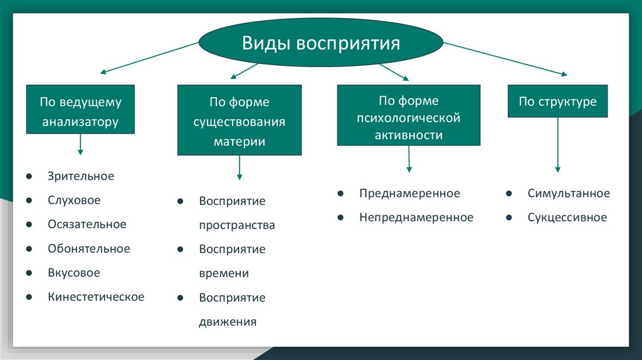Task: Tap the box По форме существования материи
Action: click(x=239, y=120)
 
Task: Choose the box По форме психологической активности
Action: click(x=409, y=116)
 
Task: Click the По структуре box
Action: click(x=557, y=101)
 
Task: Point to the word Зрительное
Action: click(x=81, y=176)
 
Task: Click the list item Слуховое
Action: click(x=74, y=201)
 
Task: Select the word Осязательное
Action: click(x=87, y=225)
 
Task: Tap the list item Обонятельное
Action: click(x=88, y=248)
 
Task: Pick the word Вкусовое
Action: click(x=74, y=273)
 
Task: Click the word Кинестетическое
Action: click(x=96, y=297)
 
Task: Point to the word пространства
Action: click(x=237, y=225)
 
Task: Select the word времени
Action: click(x=224, y=273)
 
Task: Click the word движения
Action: click(x=228, y=322)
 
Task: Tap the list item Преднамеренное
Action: click(x=409, y=193)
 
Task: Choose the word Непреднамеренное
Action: click(x=416, y=218)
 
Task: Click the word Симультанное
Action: click(x=568, y=193)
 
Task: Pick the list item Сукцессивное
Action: click(x=567, y=218)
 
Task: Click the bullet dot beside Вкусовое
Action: click(x=29, y=273)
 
